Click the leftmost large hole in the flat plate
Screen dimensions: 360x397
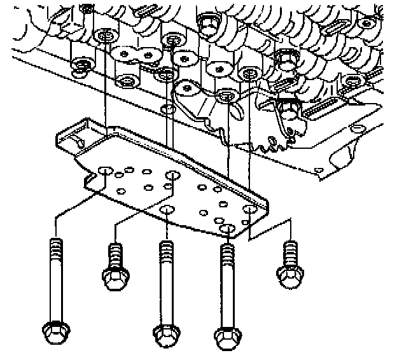tap(105, 172)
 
